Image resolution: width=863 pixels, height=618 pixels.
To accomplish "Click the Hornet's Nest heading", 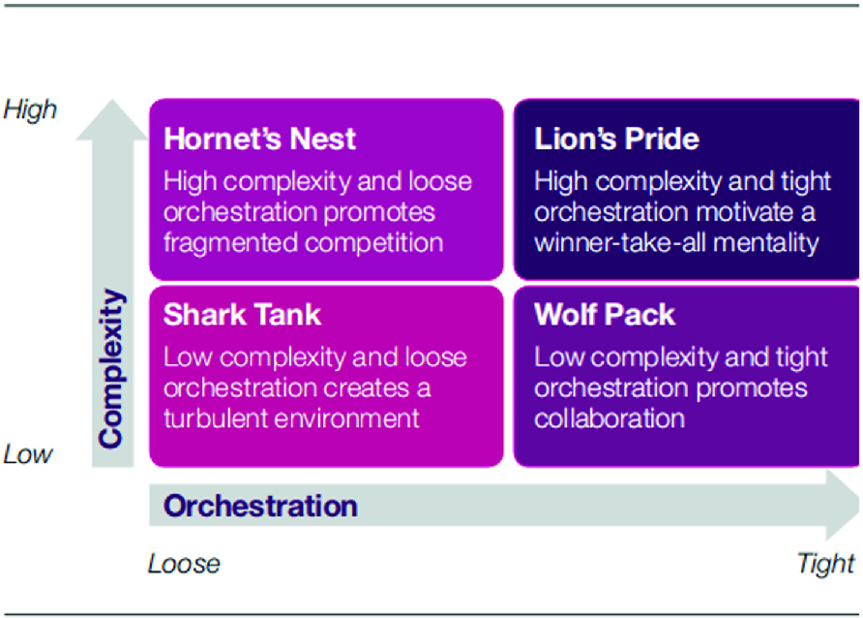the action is [x=260, y=139].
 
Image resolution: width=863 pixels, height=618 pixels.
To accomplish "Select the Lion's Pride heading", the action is [x=616, y=139].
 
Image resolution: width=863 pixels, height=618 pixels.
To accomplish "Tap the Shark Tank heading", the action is [x=242, y=315].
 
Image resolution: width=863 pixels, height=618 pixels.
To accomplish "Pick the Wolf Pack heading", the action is [x=605, y=315].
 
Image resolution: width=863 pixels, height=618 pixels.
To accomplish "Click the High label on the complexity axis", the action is [x=30, y=109].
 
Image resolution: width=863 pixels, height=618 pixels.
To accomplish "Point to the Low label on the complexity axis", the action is [x=28, y=454].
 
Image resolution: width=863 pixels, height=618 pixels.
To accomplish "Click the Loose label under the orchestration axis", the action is [x=185, y=564].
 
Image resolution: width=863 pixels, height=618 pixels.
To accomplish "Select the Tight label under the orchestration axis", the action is [x=826, y=564].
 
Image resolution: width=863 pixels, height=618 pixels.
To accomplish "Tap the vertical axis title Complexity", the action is [x=112, y=368].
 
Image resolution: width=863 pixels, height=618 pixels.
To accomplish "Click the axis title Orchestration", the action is [x=260, y=506].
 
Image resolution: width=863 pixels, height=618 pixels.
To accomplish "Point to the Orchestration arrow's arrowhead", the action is [x=842, y=505].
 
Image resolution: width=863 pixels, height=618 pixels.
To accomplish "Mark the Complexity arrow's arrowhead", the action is [x=112, y=120].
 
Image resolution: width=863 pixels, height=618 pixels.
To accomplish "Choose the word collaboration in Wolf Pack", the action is [x=610, y=418].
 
